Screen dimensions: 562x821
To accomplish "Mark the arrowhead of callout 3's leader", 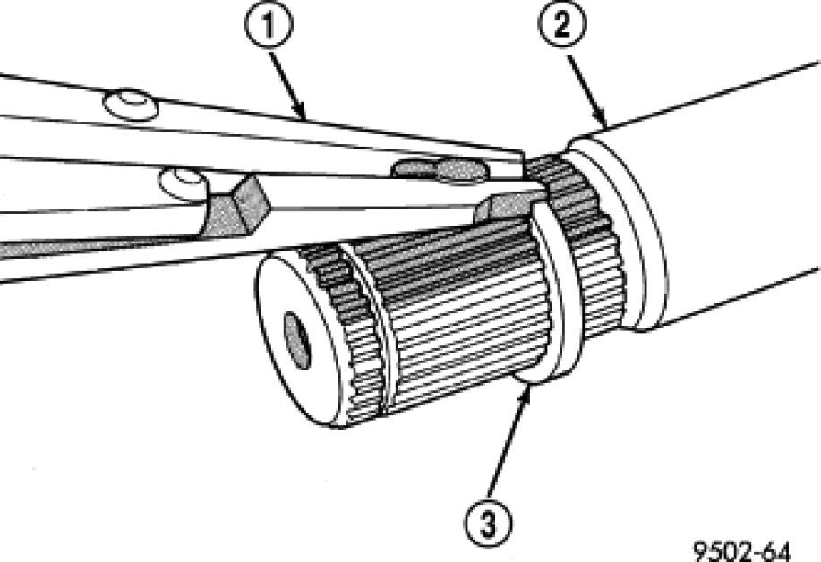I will tap(530, 384).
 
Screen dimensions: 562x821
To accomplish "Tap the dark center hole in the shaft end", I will tap(296, 340).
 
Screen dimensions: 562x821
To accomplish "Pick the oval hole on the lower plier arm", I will tap(182, 183).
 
